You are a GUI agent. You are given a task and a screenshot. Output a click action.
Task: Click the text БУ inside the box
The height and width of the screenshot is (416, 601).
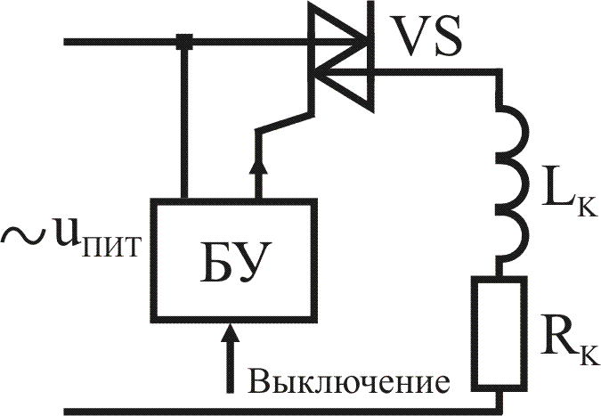(x=233, y=259)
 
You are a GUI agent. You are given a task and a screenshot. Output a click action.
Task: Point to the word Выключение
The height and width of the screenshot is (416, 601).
(x=347, y=382)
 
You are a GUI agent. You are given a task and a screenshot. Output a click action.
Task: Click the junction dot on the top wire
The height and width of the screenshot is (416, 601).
(x=185, y=40)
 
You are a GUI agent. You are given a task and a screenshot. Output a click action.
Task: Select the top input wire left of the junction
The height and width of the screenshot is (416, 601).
(x=116, y=40)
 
